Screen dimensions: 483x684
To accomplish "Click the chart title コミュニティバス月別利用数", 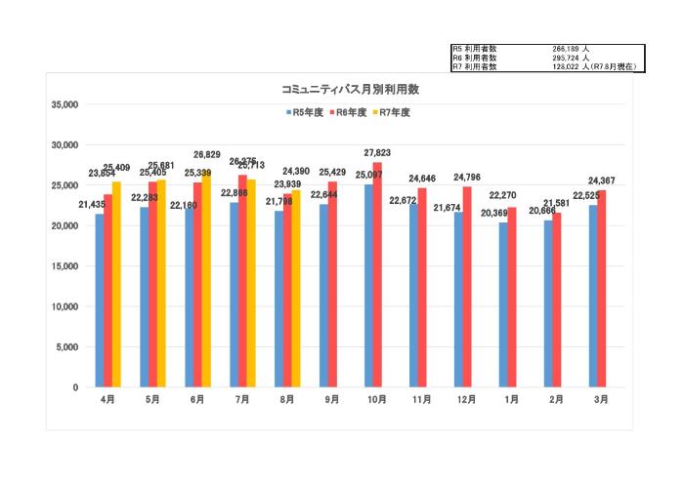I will click(x=349, y=89).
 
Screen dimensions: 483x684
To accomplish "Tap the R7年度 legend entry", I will click(x=394, y=112).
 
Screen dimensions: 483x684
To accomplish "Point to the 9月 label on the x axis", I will click(x=332, y=399).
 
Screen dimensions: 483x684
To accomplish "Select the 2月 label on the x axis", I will click(x=557, y=399).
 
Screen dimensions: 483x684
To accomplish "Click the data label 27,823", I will click(x=377, y=153).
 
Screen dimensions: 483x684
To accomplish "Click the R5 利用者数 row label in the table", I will click(x=475, y=48).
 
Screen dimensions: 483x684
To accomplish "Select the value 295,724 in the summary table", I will click(x=567, y=58).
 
